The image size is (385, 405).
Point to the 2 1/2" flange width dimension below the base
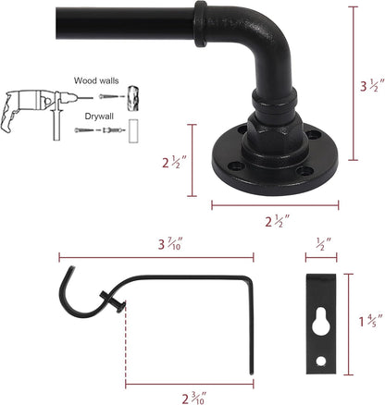pos(274,222)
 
